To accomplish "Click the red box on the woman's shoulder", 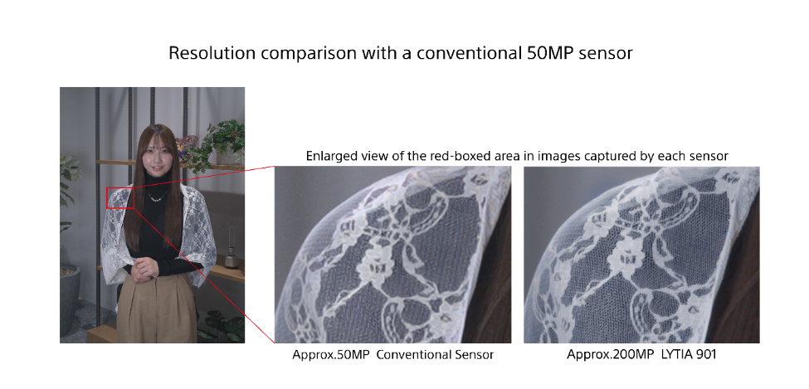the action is [120, 197].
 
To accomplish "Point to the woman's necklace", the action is [155, 197].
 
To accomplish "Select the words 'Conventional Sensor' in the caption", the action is [436, 355].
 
